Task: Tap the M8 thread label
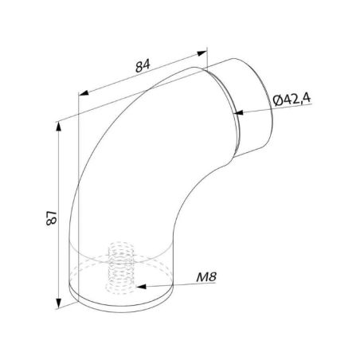click(x=206, y=278)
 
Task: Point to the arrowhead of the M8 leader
click(x=137, y=284)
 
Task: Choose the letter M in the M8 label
click(x=201, y=278)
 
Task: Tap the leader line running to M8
click(x=167, y=284)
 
